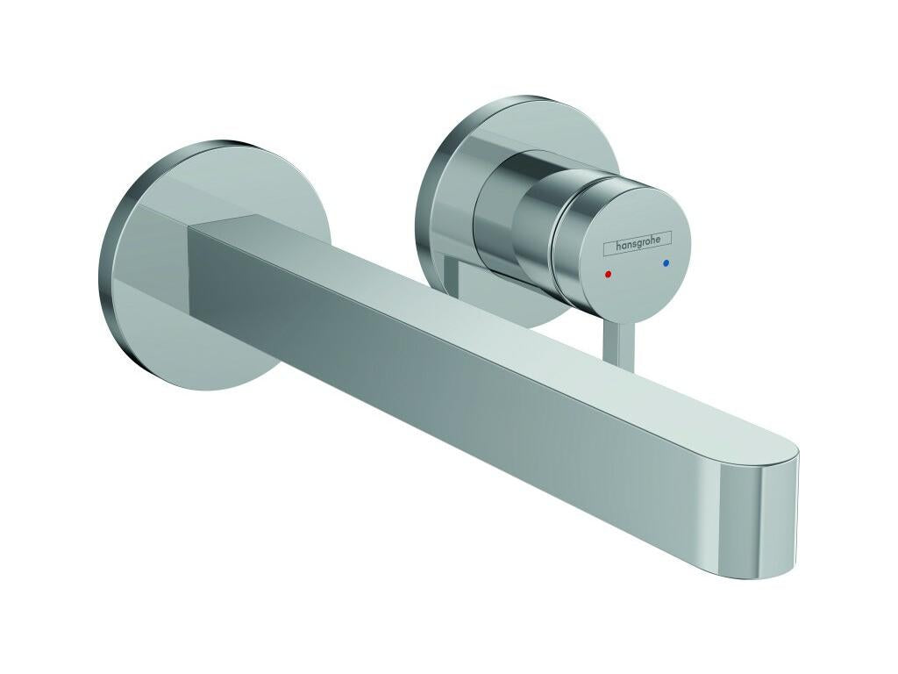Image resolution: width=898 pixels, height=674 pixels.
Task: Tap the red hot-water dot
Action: (x=609, y=275)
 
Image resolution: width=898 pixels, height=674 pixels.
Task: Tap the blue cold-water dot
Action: (x=666, y=262)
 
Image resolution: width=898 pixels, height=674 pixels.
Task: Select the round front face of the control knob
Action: (x=637, y=250)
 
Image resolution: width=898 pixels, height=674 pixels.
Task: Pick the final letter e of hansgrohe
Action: (x=666, y=236)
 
